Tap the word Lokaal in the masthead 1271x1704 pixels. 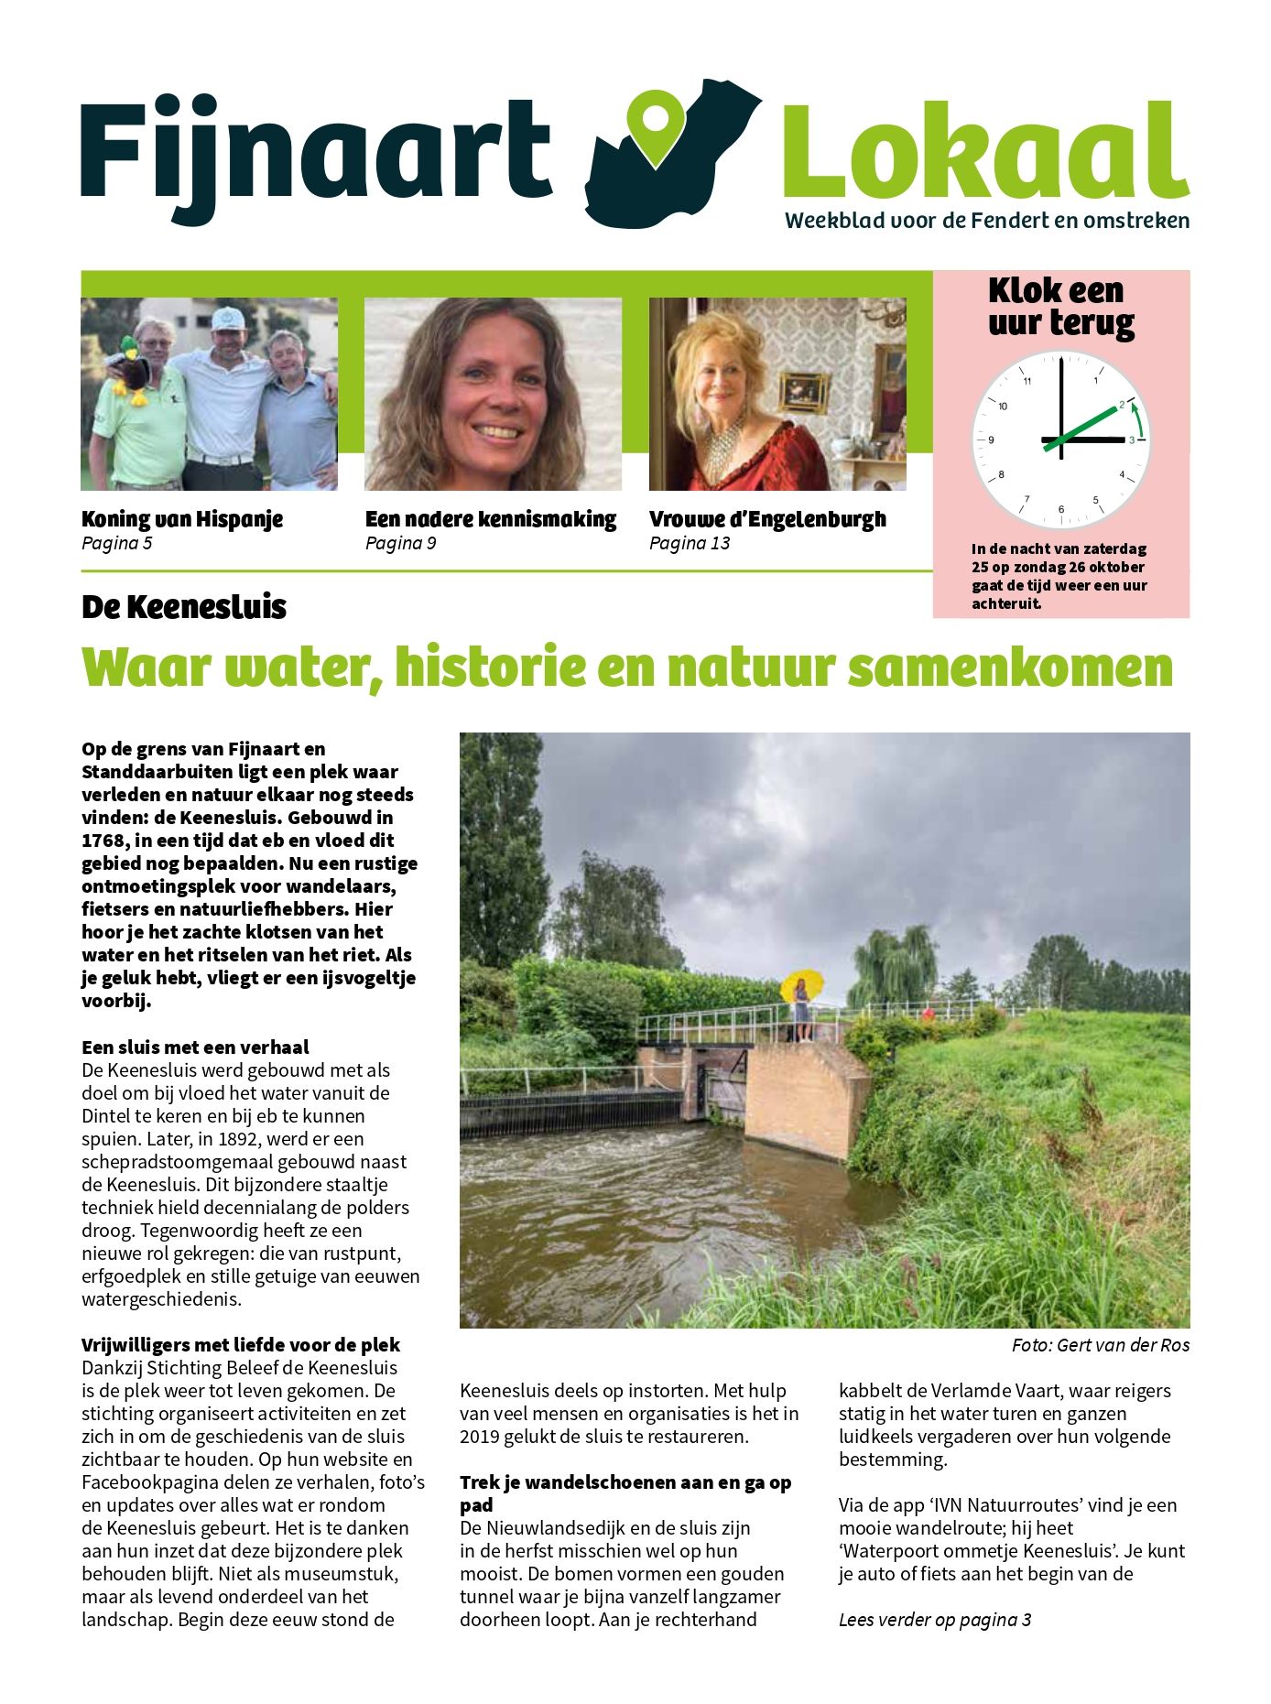click(x=985, y=151)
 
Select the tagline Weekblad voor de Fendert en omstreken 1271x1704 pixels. click(x=987, y=221)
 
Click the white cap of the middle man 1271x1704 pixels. click(x=228, y=319)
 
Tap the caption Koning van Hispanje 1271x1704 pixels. click(x=182, y=519)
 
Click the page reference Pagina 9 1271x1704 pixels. click(x=400, y=544)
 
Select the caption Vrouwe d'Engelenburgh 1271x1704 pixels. click(x=767, y=519)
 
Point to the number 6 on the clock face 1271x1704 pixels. click(x=1061, y=509)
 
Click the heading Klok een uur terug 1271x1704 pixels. click(x=1060, y=307)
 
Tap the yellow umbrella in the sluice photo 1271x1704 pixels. click(x=801, y=983)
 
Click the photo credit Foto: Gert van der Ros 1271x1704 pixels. click(x=1100, y=1345)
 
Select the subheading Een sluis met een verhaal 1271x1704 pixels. click(x=195, y=1047)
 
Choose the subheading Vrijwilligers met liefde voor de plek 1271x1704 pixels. click(x=241, y=1345)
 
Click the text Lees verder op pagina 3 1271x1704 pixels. click(x=935, y=1620)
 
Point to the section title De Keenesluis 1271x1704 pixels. click(x=184, y=607)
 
